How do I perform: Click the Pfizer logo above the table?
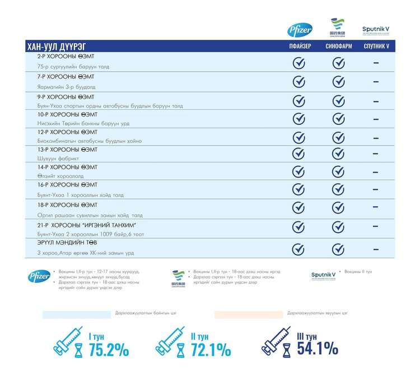pos(300,30)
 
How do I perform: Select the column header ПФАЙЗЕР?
pos(300,46)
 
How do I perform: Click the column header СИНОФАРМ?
pos(338,46)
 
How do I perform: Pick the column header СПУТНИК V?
pos(376,46)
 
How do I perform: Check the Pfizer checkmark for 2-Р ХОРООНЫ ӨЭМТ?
pos(299,63)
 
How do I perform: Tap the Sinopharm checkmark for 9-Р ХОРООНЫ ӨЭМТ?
pos(338,101)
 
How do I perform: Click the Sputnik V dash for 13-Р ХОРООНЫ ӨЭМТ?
pos(376,155)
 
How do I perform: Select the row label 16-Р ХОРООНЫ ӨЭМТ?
pos(67,184)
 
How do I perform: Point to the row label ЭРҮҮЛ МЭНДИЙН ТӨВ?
pos(66,243)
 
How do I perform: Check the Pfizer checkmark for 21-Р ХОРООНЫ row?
pos(299,227)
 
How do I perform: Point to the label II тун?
pos(200,337)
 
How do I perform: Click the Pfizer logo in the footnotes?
pos(39,276)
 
